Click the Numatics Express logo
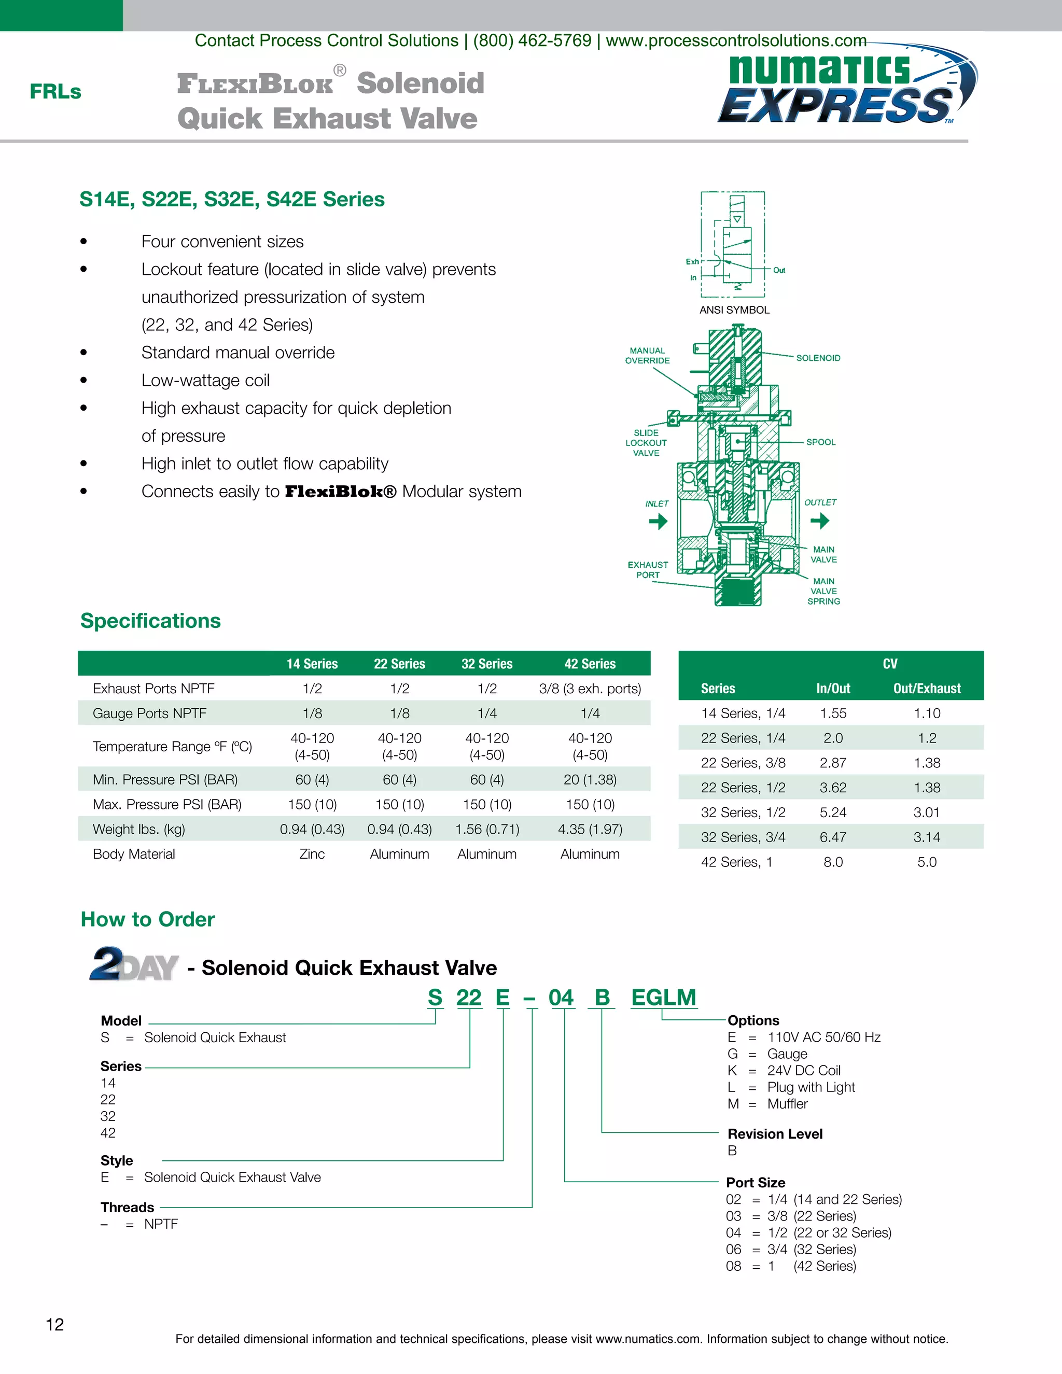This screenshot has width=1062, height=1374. pos(846,88)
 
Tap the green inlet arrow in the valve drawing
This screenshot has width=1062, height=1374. pos(658,521)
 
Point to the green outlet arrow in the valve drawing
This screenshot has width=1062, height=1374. pos(819,520)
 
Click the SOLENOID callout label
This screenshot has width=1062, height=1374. pos(818,358)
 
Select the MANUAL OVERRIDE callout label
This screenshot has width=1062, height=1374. pos(647,356)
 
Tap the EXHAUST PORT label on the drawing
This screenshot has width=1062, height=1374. pos(647,569)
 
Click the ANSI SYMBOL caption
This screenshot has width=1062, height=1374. pos(734,310)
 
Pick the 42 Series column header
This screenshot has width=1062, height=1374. pos(590,664)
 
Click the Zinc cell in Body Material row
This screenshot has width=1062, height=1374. pos(312,854)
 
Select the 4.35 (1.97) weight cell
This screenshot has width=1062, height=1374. pos(590,829)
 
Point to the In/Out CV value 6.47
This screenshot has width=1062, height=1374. pos(832,837)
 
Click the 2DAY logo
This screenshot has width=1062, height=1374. pos(133,965)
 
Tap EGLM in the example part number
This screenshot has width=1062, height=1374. pos(663,997)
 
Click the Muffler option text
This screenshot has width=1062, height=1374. pos(787,1103)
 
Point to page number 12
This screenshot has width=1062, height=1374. pos(55,1324)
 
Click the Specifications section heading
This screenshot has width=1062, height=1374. pos(150,621)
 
